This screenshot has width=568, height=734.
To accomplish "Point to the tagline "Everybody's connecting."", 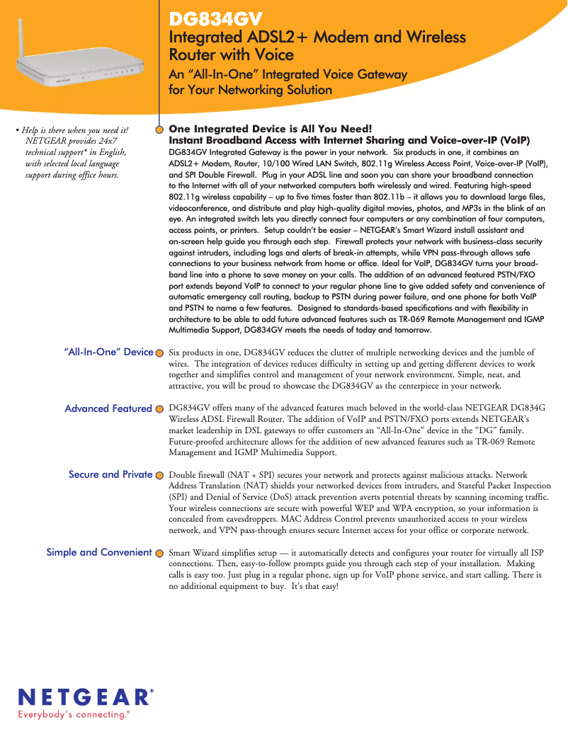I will pyautogui.click(x=74, y=715).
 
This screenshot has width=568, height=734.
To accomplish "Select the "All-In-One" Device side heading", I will pyautogui.click(x=108, y=352).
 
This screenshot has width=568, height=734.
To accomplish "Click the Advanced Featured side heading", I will pyautogui.click(x=108, y=408).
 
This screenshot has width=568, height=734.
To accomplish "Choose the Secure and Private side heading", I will pyautogui.click(x=110, y=474).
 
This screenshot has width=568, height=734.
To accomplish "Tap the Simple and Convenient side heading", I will pyautogui.click(x=99, y=552).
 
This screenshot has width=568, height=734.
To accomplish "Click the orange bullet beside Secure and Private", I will pyautogui.click(x=160, y=475).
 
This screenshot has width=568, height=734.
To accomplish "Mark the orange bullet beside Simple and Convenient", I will pyautogui.click(x=160, y=553).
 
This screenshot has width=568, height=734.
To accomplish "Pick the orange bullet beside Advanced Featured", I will pyautogui.click(x=160, y=409).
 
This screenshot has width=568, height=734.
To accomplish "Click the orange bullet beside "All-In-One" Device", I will pyautogui.click(x=160, y=352).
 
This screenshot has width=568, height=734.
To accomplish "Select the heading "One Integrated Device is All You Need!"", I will pyautogui.click(x=270, y=129).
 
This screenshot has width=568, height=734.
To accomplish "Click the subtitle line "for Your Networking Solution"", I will pyautogui.click(x=250, y=90).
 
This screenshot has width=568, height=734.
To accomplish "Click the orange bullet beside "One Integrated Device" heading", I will pyautogui.click(x=160, y=130).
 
